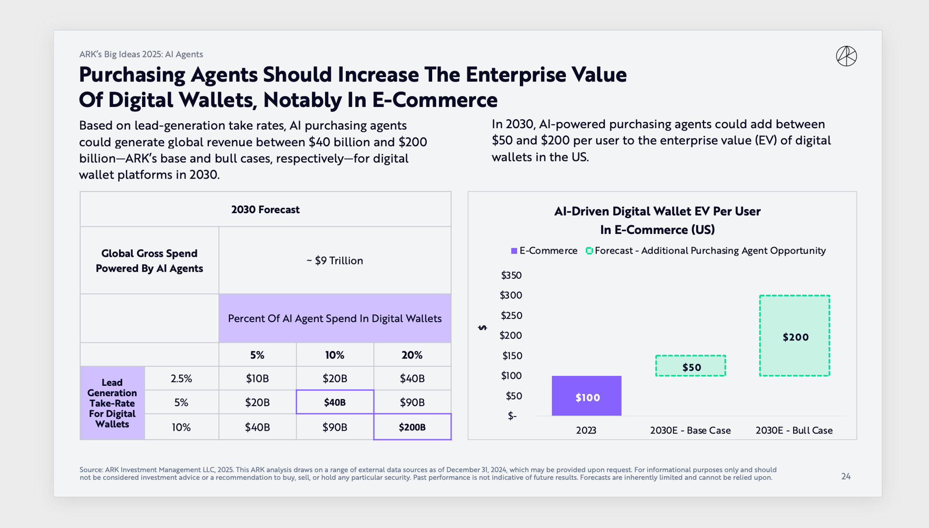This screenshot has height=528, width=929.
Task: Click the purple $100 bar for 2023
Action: (x=586, y=396)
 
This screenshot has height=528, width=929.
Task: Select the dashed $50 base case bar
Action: (x=691, y=366)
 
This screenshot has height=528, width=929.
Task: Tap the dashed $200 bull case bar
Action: (x=795, y=336)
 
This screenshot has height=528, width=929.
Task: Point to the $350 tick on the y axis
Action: (x=511, y=275)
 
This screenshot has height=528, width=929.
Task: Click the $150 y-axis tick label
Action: (x=512, y=356)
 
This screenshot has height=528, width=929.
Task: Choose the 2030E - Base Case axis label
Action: (x=690, y=430)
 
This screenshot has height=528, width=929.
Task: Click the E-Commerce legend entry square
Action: (x=514, y=251)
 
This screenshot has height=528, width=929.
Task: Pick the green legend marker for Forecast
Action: (x=589, y=251)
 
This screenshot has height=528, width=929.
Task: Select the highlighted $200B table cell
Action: (x=412, y=427)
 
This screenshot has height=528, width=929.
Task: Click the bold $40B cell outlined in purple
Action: (x=335, y=402)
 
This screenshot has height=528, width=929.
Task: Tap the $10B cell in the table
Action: (x=257, y=378)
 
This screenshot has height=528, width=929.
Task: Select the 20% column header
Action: (x=412, y=355)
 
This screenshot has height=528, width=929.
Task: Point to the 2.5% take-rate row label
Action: (x=181, y=378)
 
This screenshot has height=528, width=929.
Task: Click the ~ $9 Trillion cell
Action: (x=335, y=260)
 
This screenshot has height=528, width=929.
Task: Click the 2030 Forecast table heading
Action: (x=265, y=210)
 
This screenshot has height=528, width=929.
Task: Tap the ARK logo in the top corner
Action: (x=846, y=56)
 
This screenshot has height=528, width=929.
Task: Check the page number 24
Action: (x=846, y=476)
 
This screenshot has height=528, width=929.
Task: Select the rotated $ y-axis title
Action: (x=482, y=327)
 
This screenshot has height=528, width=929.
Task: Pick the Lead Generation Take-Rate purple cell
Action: (x=112, y=403)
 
